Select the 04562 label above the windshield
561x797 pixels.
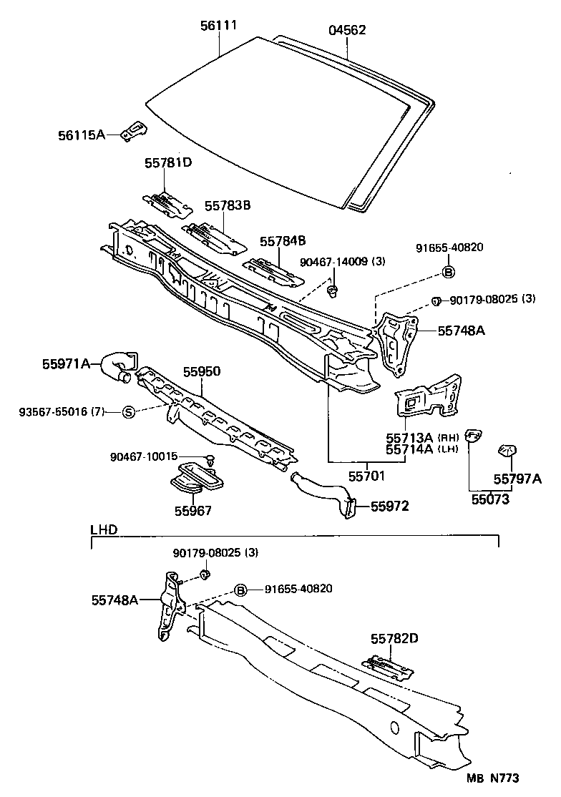tap(347, 30)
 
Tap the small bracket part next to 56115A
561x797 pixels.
tap(134, 130)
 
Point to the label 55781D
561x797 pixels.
tap(168, 163)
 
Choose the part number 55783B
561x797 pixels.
tap(227, 206)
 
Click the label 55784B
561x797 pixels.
tap(283, 241)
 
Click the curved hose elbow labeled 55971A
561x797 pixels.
tap(117, 364)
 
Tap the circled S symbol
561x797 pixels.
tap(128, 411)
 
